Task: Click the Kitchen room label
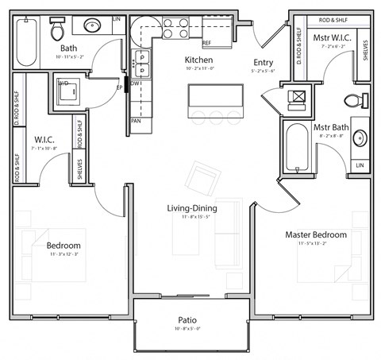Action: (x=198, y=60)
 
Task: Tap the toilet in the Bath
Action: (x=57, y=30)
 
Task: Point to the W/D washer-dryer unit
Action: (x=67, y=91)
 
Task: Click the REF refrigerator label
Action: (x=206, y=43)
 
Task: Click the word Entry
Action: (x=264, y=63)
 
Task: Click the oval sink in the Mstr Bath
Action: (x=360, y=138)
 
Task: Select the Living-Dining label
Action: (x=192, y=208)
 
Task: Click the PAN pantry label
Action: (x=137, y=122)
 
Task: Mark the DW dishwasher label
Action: (x=136, y=83)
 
